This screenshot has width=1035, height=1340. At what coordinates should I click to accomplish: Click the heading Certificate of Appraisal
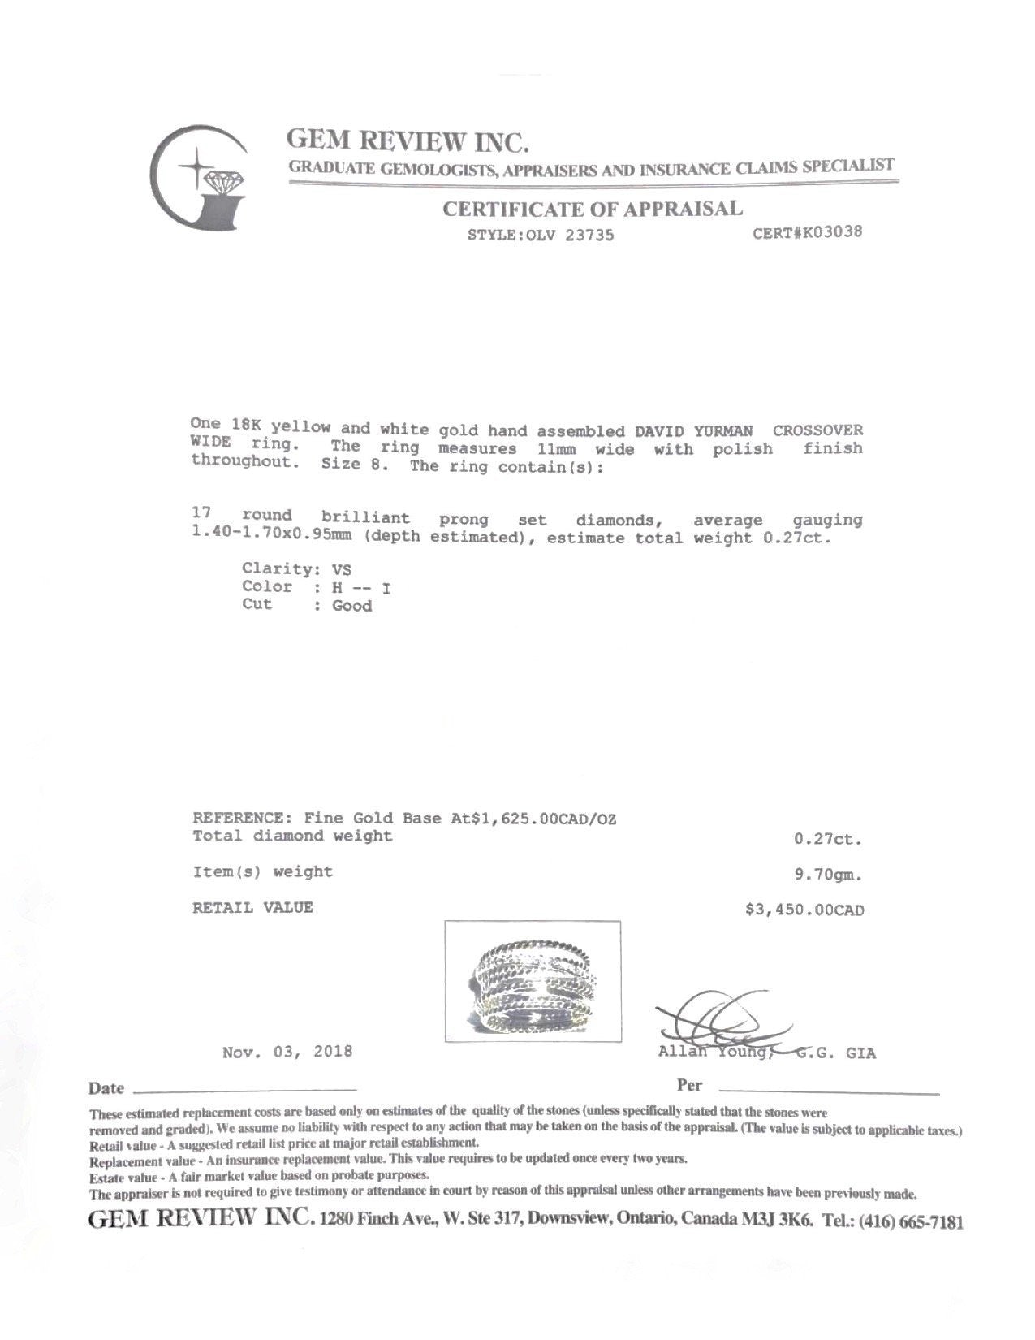pos(592,209)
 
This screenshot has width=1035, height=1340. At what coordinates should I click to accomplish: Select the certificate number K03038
pos(817,232)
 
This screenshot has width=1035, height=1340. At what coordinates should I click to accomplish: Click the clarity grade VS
pos(342,570)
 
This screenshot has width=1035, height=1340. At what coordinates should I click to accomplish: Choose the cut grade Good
pos(351,606)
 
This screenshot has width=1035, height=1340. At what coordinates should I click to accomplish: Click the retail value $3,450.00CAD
pos(804,910)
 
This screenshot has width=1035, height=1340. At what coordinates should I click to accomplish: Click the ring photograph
pos(533,981)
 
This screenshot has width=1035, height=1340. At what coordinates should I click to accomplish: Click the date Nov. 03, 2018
pos(287,1052)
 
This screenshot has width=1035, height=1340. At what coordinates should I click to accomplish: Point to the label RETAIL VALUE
pos(252,908)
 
